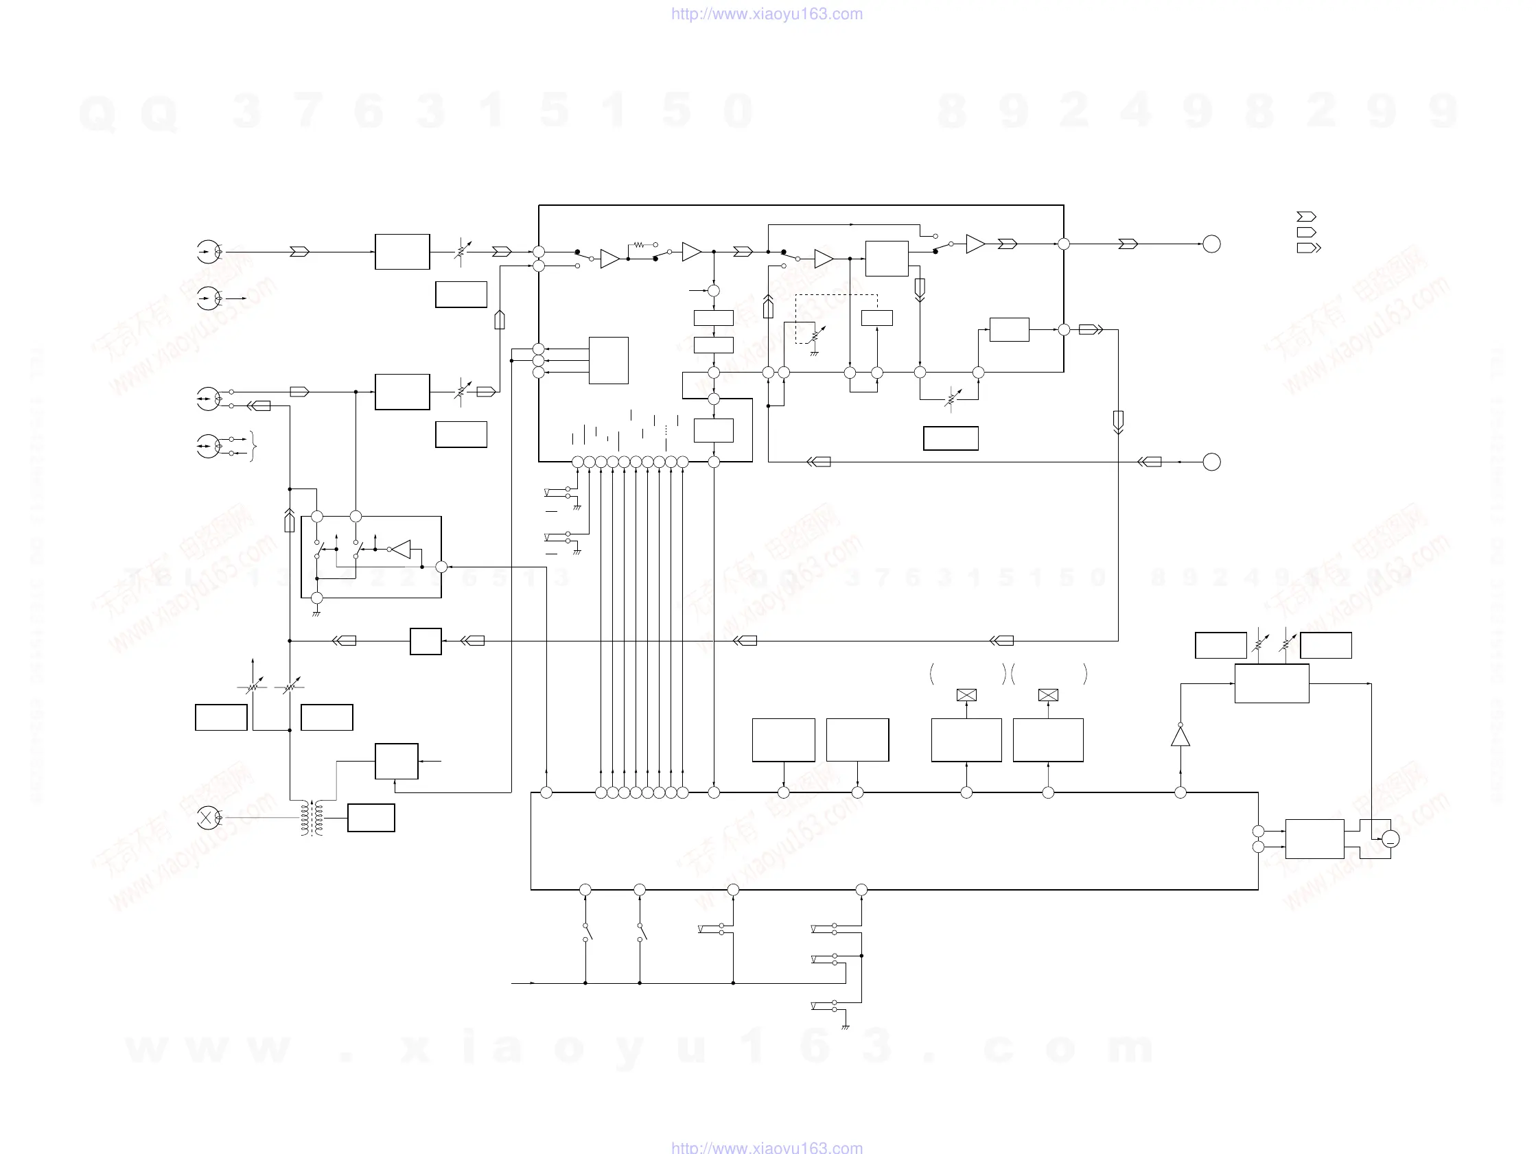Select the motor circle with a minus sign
(1390, 839)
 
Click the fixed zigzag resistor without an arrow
(639, 244)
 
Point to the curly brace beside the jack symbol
(253, 446)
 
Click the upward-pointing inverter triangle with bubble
(1180, 735)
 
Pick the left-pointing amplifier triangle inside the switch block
(400, 550)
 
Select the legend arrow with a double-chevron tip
(1308, 248)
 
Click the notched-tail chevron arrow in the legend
(1306, 217)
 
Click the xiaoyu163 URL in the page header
(767, 14)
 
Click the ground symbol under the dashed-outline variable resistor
(814, 354)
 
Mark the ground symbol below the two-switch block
(316, 614)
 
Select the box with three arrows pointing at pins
(608, 360)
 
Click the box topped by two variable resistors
(1272, 683)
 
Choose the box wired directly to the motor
(1314, 839)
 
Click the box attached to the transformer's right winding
(371, 818)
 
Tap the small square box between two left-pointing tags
(426, 641)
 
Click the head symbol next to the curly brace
(208, 446)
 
